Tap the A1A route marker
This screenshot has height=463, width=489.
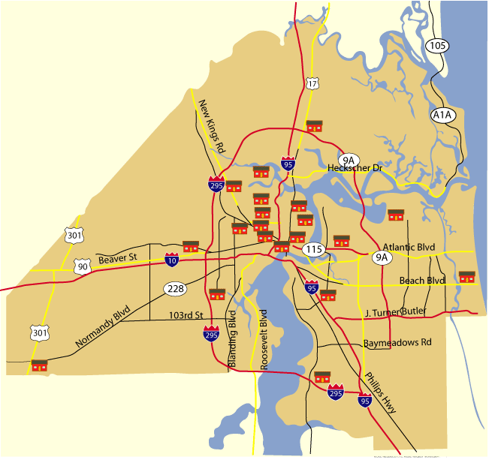(443, 115)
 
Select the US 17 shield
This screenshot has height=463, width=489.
(312, 83)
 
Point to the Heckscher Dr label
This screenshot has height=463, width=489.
(355, 169)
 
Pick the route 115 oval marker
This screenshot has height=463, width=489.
(312, 248)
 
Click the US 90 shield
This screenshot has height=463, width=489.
(82, 266)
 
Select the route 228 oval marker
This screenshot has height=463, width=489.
(176, 289)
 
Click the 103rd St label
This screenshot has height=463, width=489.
(187, 315)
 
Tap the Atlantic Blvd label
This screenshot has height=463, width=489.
(409, 247)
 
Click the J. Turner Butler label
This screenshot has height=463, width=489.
(396, 311)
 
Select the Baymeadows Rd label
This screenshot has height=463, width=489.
(397, 342)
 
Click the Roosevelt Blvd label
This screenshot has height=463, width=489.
(264, 339)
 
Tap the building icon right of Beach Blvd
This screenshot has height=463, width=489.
(467, 277)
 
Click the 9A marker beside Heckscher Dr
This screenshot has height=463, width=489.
(349, 160)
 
